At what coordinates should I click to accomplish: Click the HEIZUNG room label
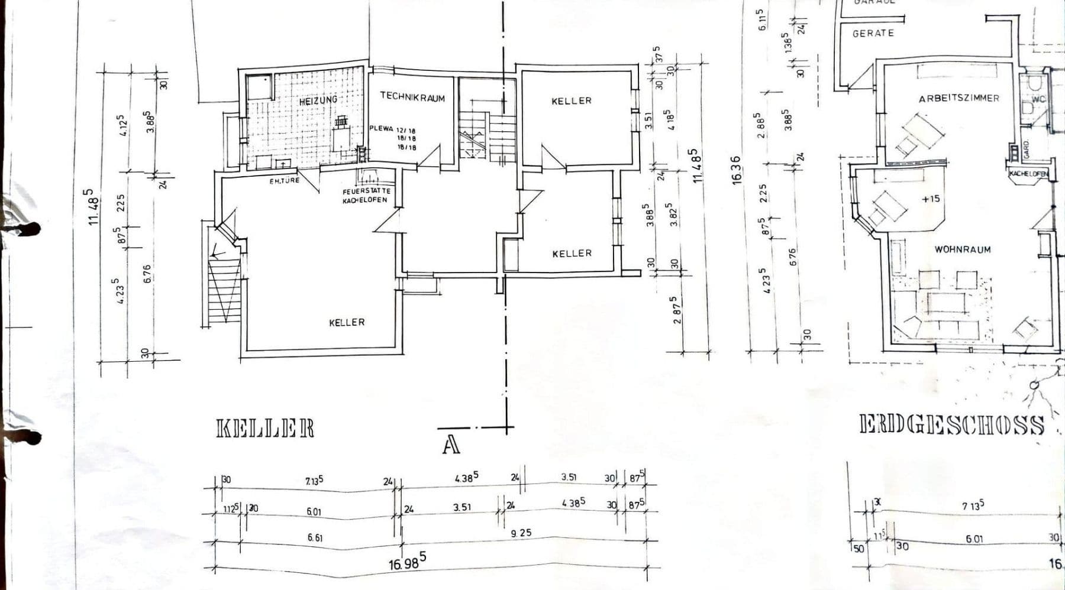[x=318, y=101]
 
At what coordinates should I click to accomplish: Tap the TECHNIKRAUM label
[x=412, y=97]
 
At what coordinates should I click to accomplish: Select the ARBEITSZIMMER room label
[x=958, y=98]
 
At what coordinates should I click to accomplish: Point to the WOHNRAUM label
[x=963, y=249]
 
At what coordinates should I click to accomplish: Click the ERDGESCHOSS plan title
[x=951, y=425]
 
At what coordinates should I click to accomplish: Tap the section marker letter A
[x=451, y=445]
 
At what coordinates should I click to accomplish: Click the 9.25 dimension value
[x=521, y=533]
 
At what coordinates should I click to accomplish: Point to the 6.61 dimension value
[x=315, y=538]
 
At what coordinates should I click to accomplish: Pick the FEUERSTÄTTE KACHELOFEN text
[x=365, y=196]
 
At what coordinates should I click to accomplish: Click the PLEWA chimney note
[x=392, y=137]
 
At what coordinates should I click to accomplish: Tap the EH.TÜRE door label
[x=285, y=181]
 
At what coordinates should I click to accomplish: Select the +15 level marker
[x=930, y=199]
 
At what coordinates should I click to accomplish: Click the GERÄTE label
[x=873, y=34]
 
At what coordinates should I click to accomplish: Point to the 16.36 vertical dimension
[x=737, y=170]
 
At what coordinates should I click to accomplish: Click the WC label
[x=1039, y=99]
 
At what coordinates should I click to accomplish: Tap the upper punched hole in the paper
[x=30, y=228]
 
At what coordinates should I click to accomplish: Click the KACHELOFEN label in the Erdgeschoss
[x=1028, y=174]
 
